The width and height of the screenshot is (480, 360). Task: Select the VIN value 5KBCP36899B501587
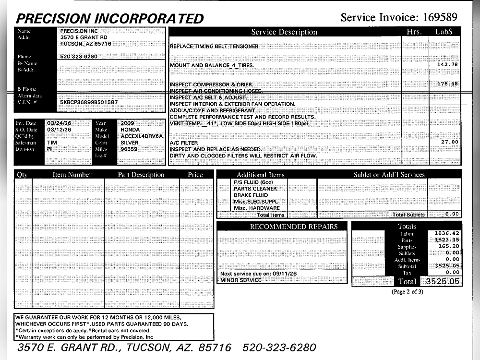[89, 102]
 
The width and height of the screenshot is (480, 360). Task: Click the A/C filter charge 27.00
[449, 142]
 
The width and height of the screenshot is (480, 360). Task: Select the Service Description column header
[284, 32]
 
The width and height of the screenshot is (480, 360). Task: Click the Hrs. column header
[413, 32]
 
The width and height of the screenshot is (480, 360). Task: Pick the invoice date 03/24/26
[60, 123]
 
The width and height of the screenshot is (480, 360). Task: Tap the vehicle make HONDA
[130, 130]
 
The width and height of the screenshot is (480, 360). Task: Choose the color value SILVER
[130, 143]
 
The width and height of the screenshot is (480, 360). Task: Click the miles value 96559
[129, 149]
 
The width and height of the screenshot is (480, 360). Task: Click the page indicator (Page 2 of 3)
[408, 291]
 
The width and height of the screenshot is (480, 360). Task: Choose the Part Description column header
[141, 175]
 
